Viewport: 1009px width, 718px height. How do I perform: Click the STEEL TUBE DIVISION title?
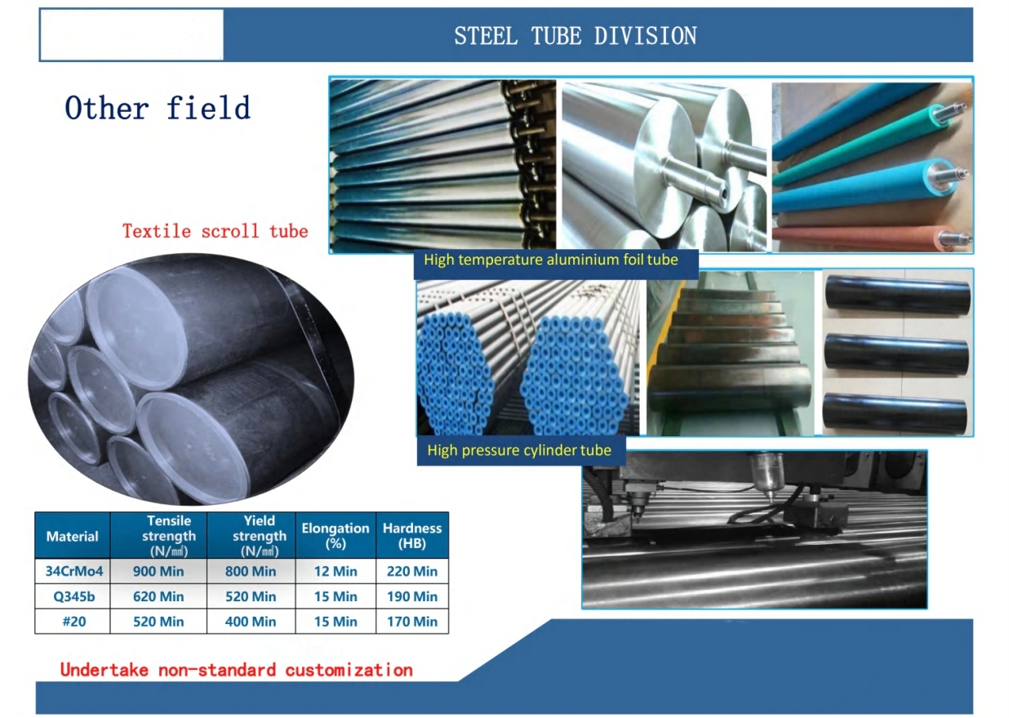[576, 36]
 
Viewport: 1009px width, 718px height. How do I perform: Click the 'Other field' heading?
[158, 108]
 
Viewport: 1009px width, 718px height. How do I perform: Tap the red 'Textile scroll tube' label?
[216, 231]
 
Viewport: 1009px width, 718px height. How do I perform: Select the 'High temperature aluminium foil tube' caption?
[551, 260]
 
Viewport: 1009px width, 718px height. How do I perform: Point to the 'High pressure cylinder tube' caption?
[519, 450]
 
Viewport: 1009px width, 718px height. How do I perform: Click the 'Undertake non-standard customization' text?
[237, 671]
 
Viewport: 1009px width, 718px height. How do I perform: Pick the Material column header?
[72, 537]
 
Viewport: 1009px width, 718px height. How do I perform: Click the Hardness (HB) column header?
[412, 536]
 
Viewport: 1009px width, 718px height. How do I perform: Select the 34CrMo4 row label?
[74, 571]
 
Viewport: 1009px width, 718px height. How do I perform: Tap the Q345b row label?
[74, 596]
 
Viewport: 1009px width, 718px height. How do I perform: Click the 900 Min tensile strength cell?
[158, 571]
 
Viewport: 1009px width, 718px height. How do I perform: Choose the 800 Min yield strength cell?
[251, 571]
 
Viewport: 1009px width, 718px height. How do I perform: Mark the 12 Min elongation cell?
[336, 571]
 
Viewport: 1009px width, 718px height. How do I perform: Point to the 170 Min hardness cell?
[412, 622]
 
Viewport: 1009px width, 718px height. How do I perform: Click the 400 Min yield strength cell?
[251, 622]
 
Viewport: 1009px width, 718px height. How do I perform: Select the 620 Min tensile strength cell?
[158, 596]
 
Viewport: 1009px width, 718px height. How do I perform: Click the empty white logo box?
[131, 34]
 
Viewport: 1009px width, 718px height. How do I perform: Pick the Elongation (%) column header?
[336, 536]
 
